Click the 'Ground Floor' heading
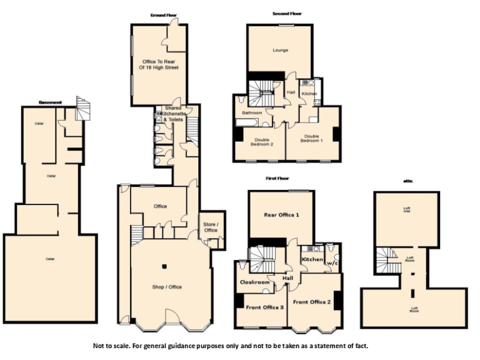tap(162, 15)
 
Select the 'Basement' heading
tap(50, 102)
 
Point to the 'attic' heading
tap(408, 181)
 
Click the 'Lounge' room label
tap(280, 50)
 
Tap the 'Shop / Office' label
tap(167, 287)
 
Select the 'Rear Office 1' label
tap(281, 215)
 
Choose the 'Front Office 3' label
tap(264, 307)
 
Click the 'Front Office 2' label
tap(311, 302)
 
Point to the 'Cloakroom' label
tap(255, 282)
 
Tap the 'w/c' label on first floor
tap(331, 262)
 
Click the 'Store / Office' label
tap(211, 227)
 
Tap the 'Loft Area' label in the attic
tap(411, 211)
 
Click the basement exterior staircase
tap(82, 109)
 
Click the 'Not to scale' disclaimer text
tap(231, 346)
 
